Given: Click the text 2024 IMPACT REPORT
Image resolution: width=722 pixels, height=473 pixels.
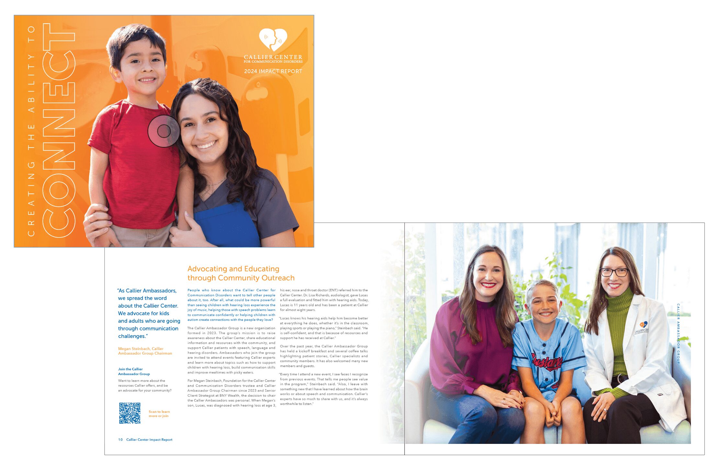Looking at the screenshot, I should (x=273, y=71).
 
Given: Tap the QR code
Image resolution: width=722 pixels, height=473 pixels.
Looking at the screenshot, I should (x=130, y=413).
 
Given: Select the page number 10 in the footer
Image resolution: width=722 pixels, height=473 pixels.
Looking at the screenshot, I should (x=120, y=440).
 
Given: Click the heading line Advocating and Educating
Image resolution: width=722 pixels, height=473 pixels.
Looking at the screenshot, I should (x=233, y=269).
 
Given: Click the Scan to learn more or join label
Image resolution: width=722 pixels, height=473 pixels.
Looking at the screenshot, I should (x=159, y=414).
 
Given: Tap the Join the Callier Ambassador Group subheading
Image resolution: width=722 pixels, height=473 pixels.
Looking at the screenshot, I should (x=134, y=371).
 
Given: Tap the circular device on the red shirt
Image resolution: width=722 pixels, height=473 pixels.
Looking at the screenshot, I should (x=164, y=131).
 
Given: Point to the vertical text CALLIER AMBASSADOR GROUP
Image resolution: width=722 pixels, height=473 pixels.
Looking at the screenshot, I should (x=678, y=334).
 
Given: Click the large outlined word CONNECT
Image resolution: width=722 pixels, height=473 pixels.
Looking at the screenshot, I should (x=59, y=129).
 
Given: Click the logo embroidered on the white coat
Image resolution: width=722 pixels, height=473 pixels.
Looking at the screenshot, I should (x=641, y=327).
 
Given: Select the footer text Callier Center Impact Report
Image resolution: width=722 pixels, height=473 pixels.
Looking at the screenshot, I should (x=149, y=440).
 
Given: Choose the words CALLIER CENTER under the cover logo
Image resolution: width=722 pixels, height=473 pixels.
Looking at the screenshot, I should (x=273, y=57).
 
